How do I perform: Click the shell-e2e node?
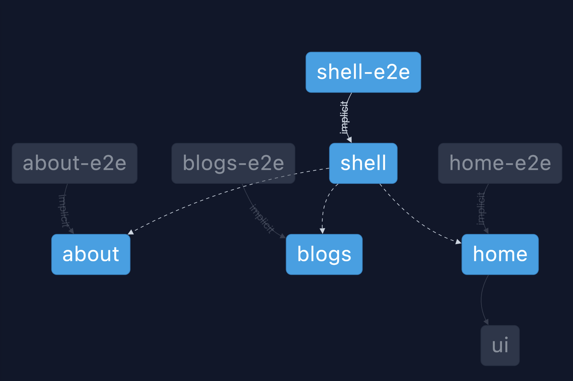click(x=363, y=72)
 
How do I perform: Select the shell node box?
click(x=363, y=163)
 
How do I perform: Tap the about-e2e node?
click(x=75, y=163)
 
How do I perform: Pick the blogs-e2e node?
click(x=233, y=163)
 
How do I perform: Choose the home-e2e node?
click(x=500, y=163)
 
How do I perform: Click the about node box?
click(x=91, y=254)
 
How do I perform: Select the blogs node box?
click(x=324, y=254)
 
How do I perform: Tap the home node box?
click(x=500, y=254)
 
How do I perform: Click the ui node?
click(x=500, y=345)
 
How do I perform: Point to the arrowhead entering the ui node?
click(x=486, y=322)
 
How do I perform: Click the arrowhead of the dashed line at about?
click(x=131, y=232)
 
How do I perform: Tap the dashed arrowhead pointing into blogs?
click(x=322, y=231)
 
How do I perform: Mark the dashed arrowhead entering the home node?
click(x=458, y=242)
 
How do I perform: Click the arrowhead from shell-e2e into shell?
click(x=350, y=139)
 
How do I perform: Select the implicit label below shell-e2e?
click(x=344, y=117)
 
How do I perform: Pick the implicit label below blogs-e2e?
click(x=262, y=219)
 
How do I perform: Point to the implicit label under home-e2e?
click(x=481, y=209)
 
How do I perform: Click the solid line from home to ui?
click(x=481, y=299)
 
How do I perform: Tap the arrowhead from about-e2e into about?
click(x=72, y=231)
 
